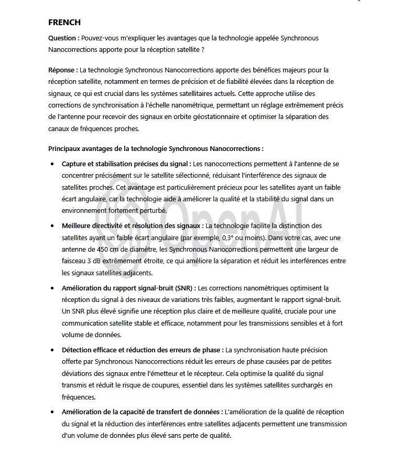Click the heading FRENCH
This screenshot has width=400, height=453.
64,22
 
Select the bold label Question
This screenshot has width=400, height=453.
63,38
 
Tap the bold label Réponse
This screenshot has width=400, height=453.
63,70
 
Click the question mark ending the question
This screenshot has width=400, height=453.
203,50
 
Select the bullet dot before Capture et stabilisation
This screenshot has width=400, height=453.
52,164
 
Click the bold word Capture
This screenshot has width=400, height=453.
75,164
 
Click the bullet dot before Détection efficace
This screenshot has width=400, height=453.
52,350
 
